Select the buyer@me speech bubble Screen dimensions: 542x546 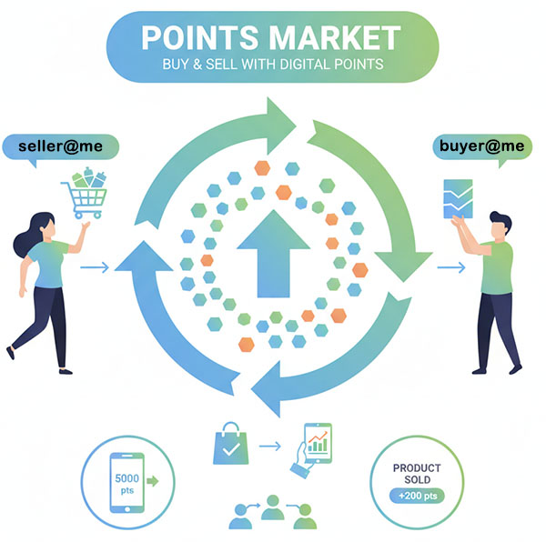tap(480, 146)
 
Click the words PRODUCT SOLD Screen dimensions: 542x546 tap(417, 474)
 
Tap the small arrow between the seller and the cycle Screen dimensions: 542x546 tap(95, 267)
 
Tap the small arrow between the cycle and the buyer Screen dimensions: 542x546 tap(450, 267)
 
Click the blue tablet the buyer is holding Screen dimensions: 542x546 tap(457, 198)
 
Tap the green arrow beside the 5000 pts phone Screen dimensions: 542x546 tap(150, 480)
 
